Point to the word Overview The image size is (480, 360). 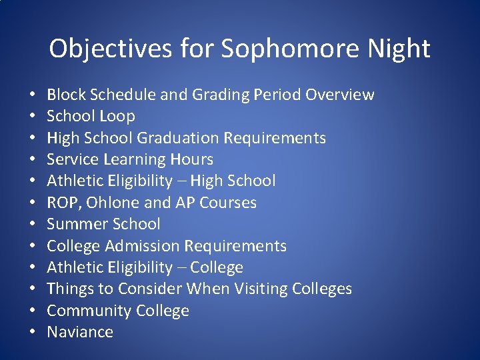340,95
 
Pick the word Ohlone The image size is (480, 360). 106,203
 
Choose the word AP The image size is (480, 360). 172,203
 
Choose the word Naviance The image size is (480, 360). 80,332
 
